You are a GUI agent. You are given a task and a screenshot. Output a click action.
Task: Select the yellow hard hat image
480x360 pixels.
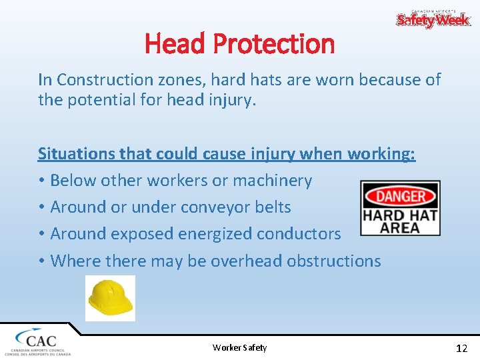click(110, 299)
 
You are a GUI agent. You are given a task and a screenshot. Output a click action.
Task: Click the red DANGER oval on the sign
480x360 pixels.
click(400, 196)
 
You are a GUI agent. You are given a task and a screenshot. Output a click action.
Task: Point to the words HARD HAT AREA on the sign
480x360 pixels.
click(400, 221)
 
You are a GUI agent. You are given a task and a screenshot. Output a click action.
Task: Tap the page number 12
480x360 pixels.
click(461, 348)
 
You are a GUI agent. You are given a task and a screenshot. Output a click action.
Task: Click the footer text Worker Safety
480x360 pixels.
click(239, 347)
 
